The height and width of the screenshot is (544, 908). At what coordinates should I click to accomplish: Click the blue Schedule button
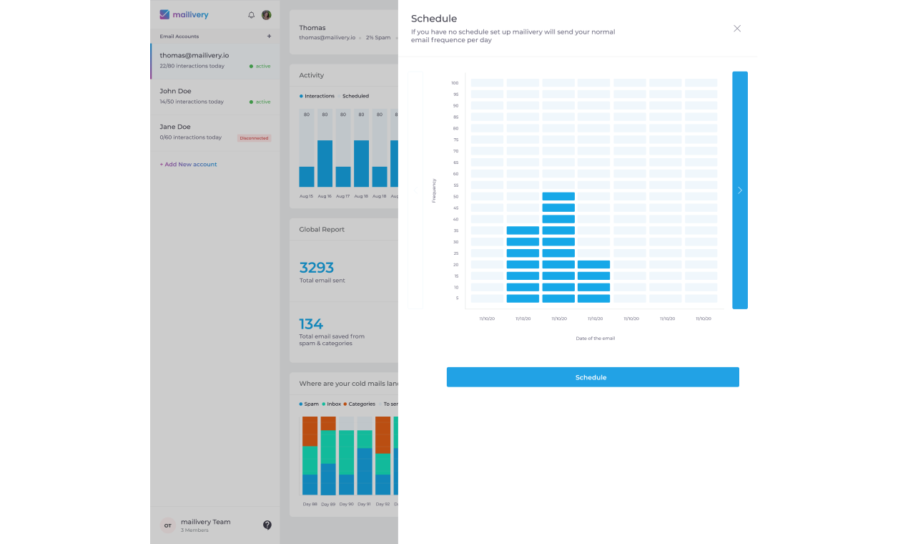tap(592, 377)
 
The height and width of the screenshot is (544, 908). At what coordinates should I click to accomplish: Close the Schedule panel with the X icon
tap(737, 29)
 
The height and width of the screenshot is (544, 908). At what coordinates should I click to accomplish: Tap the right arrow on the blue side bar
tap(740, 190)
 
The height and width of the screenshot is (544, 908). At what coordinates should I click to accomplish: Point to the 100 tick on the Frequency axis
tap(455, 83)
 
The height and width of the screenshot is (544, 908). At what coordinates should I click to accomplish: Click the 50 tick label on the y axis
tap(455, 197)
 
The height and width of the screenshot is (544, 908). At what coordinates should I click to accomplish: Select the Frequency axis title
tap(434, 190)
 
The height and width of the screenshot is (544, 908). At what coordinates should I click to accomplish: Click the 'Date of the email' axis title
tap(595, 339)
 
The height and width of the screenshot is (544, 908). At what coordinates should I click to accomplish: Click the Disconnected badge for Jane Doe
tap(254, 138)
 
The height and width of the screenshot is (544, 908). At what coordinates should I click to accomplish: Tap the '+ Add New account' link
tap(188, 165)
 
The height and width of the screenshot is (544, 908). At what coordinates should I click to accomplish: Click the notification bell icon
tap(251, 15)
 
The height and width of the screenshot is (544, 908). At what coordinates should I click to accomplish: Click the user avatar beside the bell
tap(267, 15)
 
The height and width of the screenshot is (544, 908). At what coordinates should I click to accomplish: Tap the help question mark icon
tap(267, 525)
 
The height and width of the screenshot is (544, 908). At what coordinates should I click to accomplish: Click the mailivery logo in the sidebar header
tap(184, 14)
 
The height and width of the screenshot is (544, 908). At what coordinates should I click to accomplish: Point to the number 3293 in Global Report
tap(317, 268)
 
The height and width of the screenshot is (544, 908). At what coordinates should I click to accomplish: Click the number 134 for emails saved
tap(311, 324)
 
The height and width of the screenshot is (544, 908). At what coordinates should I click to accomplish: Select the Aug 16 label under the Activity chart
tap(325, 196)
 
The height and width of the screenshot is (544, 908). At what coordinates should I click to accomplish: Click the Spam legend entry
tap(309, 404)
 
